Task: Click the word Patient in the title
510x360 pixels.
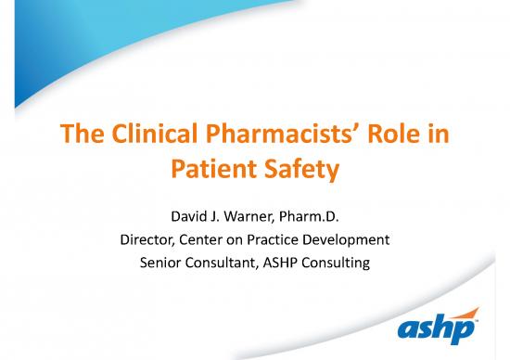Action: tap(210, 170)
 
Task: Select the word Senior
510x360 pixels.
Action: tap(162, 263)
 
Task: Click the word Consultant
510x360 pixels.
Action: tap(228, 263)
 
